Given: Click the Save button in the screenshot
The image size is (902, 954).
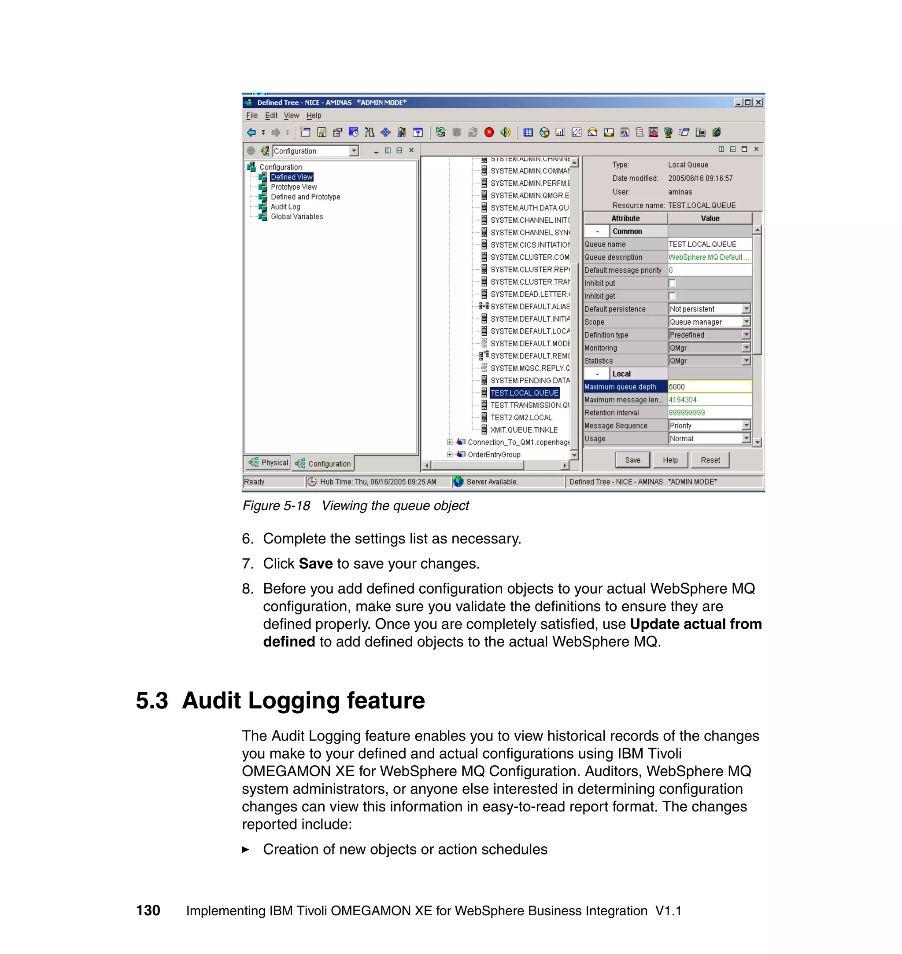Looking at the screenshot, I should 632,460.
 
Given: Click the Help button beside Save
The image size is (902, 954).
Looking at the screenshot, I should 670,460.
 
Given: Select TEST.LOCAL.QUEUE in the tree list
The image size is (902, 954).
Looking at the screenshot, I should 524,393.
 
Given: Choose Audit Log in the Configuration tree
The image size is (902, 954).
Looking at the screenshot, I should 285,206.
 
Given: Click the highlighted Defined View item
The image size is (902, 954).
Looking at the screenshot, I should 292,177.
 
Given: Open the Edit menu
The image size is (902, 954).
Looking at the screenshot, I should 271,115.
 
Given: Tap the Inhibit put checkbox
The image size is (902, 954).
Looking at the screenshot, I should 672,283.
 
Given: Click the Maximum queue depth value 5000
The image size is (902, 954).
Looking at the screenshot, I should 709,386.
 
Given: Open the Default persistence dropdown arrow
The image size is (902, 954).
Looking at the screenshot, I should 746,309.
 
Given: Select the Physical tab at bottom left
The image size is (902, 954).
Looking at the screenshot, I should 268,462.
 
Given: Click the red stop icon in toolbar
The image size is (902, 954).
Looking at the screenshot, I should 489,132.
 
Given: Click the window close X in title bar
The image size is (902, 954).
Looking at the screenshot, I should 758,103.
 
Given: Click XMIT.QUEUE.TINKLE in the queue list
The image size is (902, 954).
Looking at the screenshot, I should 524,429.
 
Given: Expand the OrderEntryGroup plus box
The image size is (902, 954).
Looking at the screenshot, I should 450,454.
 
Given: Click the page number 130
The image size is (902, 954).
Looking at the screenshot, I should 148,910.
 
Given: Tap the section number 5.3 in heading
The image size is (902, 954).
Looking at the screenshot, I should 152,701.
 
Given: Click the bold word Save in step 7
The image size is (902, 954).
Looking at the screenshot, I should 315,563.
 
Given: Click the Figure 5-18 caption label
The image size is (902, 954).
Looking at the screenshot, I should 276,505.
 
